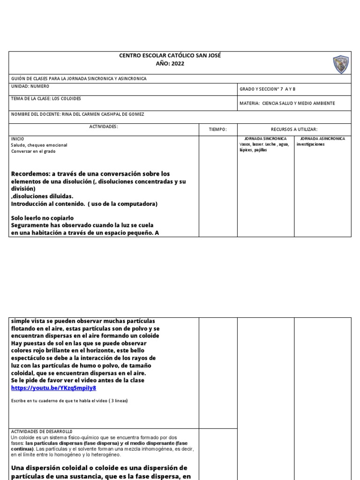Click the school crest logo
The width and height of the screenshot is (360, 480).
pyautogui.click(x=340, y=64)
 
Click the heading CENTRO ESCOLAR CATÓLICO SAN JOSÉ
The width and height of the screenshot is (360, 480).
pyautogui.click(x=170, y=56)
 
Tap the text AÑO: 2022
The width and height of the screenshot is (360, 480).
pyautogui.click(x=170, y=64)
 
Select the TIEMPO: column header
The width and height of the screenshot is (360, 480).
pyautogui.click(x=217, y=129)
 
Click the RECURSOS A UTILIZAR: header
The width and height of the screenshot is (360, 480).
pyautogui.click(x=294, y=129)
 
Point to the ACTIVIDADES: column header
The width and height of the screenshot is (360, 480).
pyautogui.click(x=104, y=127)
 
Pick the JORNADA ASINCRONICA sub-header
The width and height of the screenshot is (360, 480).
pyautogui.click(x=322, y=139)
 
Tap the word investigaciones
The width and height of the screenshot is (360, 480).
pyautogui.click(x=311, y=144)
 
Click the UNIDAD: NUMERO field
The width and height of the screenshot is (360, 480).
pyautogui.click(x=30, y=87)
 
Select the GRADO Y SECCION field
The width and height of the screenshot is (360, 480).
pyautogui.click(x=268, y=90)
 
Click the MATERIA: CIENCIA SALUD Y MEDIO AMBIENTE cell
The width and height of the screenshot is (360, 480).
pyautogui.click(x=287, y=103)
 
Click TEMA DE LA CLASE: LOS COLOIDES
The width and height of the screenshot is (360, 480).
pyautogui.click(x=45, y=99)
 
